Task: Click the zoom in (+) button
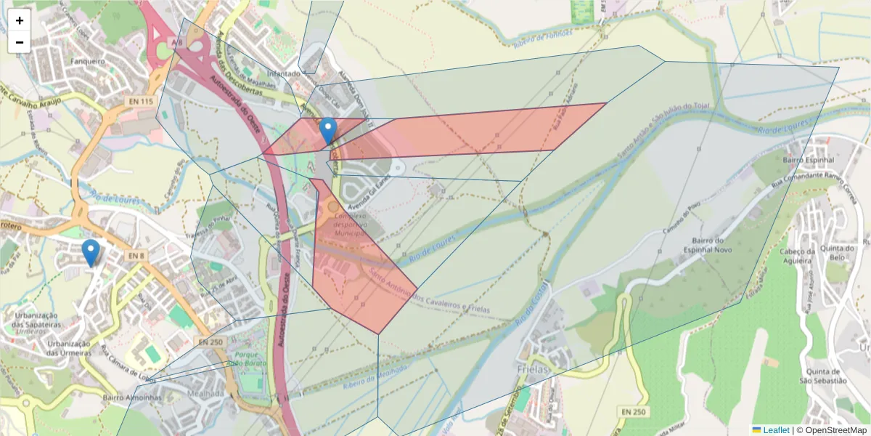20,20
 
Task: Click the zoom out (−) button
20,42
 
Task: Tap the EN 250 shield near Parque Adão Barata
211,342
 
